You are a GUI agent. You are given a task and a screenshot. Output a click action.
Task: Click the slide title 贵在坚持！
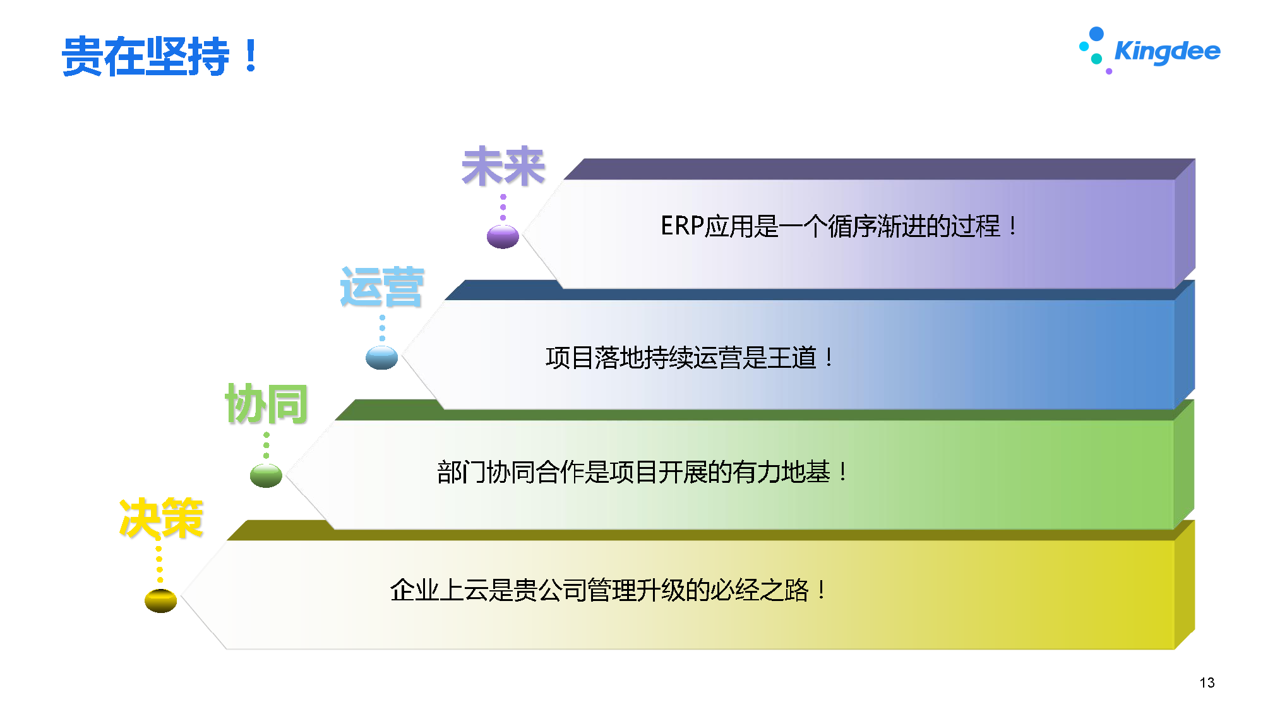[x=160, y=56]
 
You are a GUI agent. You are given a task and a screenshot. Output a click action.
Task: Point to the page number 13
[x=1207, y=683]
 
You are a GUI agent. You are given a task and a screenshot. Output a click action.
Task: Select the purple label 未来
[x=503, y=167]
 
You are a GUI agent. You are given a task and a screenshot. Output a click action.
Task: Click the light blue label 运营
[x=382, y=287]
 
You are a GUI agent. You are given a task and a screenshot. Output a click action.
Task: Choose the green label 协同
[x=266, y=403]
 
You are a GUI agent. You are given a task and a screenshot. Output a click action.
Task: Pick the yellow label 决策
[x=161, y=518]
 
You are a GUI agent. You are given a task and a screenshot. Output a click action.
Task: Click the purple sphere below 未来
[x=503, y=237]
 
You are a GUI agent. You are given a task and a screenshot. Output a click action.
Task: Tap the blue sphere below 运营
[x=381, y=358]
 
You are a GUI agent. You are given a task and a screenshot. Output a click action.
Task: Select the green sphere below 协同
[x=266, y=476]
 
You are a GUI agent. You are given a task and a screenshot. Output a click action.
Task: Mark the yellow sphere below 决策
[x=160, y=600]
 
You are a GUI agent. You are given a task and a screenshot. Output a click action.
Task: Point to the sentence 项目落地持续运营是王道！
[x=690, y=358]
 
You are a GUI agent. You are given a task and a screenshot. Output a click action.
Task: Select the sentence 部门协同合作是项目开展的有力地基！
[x=643, y=472]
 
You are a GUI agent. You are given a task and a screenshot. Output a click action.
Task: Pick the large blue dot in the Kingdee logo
[x=1096, y=33]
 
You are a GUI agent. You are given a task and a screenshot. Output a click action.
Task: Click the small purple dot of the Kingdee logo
[x=1109, y=71]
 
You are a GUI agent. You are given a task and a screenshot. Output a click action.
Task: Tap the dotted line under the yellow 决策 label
[x=159, y=564]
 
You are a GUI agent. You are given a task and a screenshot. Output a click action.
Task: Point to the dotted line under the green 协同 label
[x=266, y=445]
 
